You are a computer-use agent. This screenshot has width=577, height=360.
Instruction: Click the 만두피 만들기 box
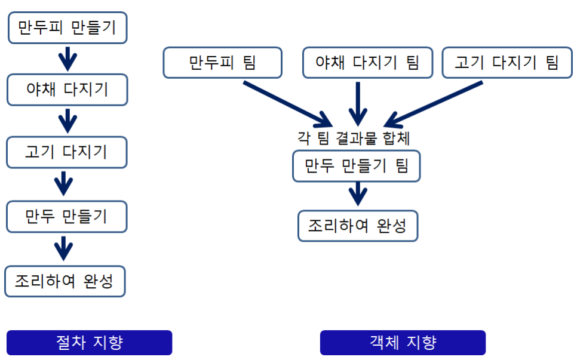67,27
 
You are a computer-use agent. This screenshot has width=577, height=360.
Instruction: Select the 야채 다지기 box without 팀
67,90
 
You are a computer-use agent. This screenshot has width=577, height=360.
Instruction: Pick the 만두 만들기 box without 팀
67,216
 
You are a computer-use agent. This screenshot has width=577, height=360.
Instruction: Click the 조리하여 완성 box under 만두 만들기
65,281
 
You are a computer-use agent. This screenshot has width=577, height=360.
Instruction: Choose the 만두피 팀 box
222,63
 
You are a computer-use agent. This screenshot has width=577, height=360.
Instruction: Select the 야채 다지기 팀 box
367,63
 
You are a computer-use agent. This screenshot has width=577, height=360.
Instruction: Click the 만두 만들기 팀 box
356,166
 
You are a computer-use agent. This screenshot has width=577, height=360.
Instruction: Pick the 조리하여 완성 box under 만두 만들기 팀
357,226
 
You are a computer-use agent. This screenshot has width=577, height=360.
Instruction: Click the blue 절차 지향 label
89,343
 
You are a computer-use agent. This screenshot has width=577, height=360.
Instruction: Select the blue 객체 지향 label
403,343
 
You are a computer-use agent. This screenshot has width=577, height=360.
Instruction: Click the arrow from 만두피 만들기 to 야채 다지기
67,58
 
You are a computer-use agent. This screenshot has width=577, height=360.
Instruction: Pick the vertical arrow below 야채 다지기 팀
358,103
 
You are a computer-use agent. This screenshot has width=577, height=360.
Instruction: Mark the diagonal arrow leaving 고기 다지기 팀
433,101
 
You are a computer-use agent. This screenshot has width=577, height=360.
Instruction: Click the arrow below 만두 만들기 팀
357,193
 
